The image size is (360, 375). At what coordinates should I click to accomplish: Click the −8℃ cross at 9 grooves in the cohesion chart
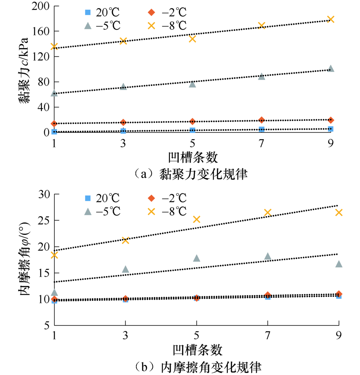(x=330, y=19)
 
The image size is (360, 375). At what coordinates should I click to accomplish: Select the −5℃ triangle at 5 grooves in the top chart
(x=192, y=84)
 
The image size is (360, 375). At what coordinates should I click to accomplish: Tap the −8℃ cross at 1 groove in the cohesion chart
(x=54, y=46)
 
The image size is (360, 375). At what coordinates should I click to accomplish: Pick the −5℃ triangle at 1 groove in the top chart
(x=54, y=93)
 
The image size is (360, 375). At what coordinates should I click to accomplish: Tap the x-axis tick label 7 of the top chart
(x=261, y=143)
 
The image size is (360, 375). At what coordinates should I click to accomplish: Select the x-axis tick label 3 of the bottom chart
(x=125, y=337)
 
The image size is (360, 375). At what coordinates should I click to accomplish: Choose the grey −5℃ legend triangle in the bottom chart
(x=87, y=212)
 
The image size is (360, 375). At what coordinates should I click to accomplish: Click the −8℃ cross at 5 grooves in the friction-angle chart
(x=197, y=219)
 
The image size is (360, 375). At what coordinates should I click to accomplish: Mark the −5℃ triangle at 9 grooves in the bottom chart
(x=339, y=264)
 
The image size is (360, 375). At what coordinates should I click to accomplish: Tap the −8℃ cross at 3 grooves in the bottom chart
(x=125, y=240)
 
